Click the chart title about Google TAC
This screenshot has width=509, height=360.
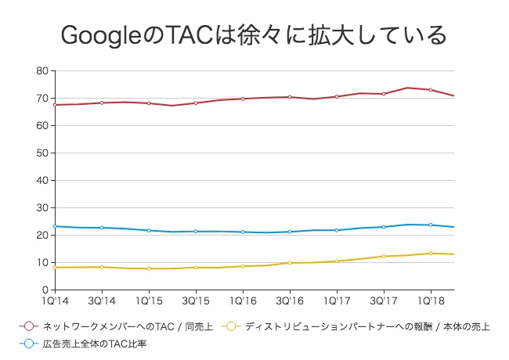tap(254, 35)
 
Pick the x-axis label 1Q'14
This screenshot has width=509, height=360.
tap(54, 300)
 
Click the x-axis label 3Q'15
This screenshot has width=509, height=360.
tap(195, 300)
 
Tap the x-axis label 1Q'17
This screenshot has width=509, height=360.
tap(336, 300)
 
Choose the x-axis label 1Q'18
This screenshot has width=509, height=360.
tap(430, 300)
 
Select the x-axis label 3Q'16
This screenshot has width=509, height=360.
tap(289, 300)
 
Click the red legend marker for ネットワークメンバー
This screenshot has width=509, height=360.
tap(28, 326)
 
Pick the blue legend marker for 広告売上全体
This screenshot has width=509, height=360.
tap(28, 344)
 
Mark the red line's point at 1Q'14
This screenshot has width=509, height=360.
tap(54, 105)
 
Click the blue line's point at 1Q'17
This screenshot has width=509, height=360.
tap(336, 230)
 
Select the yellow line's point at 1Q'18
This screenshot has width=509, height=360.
tap(430, 253)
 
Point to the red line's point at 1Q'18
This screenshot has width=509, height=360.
tap(430, 90)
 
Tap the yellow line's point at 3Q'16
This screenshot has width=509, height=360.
tap(289, 263)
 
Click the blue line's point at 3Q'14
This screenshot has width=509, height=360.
tap(101, 228)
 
